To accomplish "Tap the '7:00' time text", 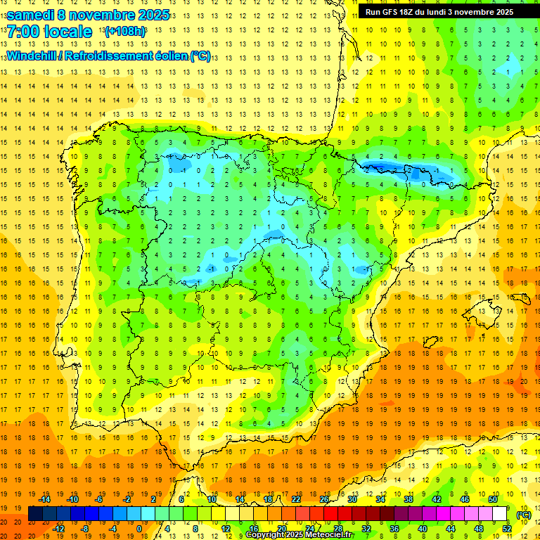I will (23, 32).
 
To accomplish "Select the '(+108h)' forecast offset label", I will (124, 32).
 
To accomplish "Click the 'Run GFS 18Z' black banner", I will (439, 12).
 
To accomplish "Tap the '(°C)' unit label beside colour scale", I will (523, 515).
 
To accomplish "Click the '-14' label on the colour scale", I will (44, 499).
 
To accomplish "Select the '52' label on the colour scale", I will (507, 529).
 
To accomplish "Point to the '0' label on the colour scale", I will (139, 529).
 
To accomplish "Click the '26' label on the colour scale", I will (324, 499).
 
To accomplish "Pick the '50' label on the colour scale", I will (493, 499).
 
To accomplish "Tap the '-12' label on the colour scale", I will (58, 529).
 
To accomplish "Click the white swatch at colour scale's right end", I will (500, 514).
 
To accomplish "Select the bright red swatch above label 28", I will (338, 514).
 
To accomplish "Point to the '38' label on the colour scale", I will (409, 499).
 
